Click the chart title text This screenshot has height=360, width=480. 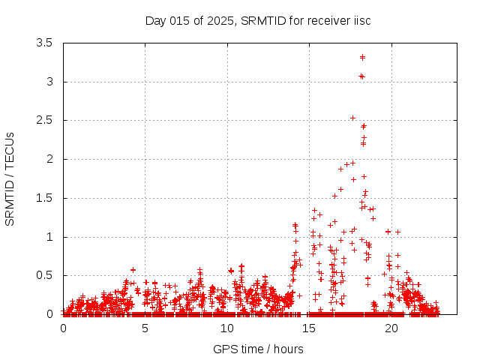coord(258,20)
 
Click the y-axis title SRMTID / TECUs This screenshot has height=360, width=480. coord(10,178)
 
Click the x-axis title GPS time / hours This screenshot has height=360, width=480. coord(258,349)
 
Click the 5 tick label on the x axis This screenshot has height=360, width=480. coord(145,328)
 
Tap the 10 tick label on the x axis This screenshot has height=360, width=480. coord(227,328)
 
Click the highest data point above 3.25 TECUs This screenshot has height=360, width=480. coord(362,57)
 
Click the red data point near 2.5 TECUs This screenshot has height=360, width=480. coord(353,118)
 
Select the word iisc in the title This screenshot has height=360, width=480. coord(360,20)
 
